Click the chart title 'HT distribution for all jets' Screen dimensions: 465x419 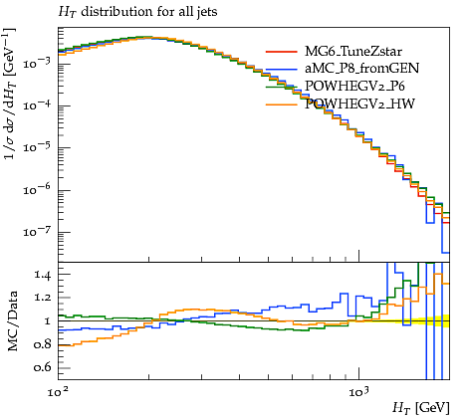click(137, 12)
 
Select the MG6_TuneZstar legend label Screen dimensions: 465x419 click(353, 52)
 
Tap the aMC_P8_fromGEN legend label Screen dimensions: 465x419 click(361, 68)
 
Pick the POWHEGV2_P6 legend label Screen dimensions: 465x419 click(354, 86)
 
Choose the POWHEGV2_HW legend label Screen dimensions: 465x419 click(359, 105)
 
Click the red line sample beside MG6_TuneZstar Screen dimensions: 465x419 click(282, 52)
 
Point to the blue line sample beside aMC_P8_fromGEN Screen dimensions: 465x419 click(282, 69)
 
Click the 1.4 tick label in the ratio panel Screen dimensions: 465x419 click(42, 275)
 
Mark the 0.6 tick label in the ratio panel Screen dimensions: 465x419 click(42, 367)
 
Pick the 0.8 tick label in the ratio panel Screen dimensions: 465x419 click(42, 344)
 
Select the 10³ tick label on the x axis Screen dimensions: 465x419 click(357, 392)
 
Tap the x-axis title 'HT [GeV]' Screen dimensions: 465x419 click(421, 407)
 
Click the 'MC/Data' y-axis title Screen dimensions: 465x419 click(12, 321)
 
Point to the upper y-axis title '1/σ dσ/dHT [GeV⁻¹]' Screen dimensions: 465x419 click(10, 94)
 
